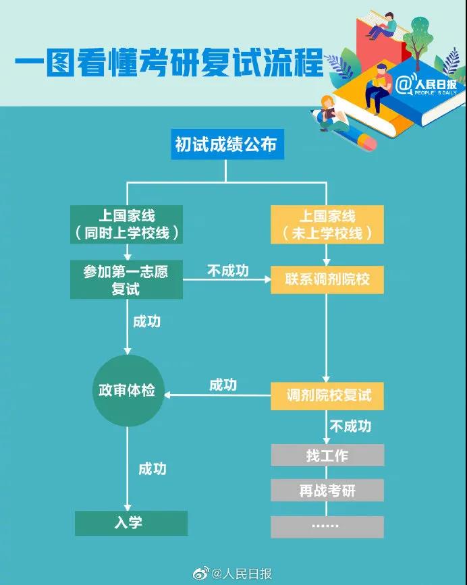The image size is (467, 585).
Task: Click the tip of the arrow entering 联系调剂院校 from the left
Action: [271, 279]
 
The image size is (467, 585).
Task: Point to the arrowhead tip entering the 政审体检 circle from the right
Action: [164, 395]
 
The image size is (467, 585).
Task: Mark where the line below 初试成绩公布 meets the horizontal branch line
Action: [225, 182]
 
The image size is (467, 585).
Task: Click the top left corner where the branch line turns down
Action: [128, 182]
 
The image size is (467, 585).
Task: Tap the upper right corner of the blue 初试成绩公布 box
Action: [284, 129]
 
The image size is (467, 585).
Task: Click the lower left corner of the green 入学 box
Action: [76, 535]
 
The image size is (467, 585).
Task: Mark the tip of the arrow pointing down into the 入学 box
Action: [128, 511]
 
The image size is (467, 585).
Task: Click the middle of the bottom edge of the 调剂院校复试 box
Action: [327, 410]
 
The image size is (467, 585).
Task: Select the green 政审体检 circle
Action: [128, 390]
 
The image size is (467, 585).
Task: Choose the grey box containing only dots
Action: [327, 527]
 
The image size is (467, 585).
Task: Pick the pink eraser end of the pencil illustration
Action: [366, 142]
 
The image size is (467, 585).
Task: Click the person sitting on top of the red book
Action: [383, 26]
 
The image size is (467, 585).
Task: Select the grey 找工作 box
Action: [327, 455]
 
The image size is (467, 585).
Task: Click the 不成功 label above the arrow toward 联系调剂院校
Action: [228, 271]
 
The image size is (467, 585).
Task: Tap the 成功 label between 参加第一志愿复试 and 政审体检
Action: [147, 321]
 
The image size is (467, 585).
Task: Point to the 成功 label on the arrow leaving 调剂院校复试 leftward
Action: [223, 385]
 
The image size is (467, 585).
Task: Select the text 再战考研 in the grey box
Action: [327, 491]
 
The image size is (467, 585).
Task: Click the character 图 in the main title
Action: [59, 62]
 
